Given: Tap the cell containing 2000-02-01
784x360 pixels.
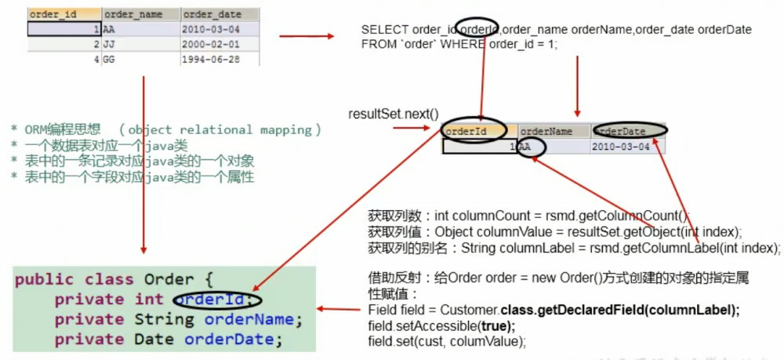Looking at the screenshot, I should [209, 45].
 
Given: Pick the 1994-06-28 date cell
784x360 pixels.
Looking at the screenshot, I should [209, 60].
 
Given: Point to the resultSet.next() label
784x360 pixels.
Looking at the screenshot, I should [393, 115].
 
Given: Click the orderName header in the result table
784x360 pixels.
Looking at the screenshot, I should [546, 132].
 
